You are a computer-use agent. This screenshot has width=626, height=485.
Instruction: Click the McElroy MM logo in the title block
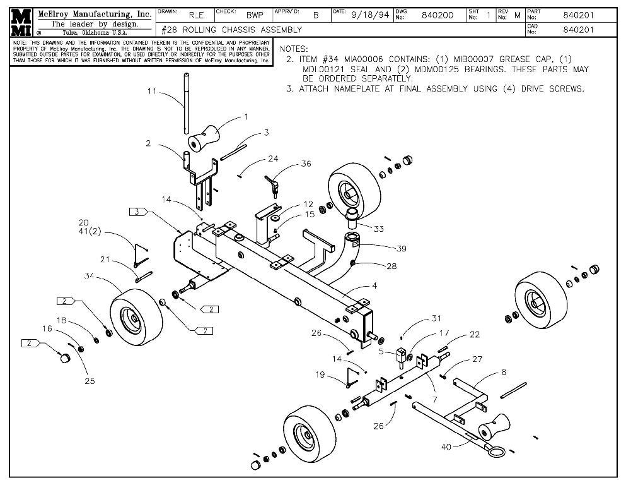click(x=20, y=23)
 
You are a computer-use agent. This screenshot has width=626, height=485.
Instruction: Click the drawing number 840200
click(x=437, y=15)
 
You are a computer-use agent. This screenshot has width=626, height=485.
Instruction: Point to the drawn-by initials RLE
click(x=196, y=15)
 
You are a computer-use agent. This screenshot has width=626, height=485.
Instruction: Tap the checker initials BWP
click(x=255, y=15)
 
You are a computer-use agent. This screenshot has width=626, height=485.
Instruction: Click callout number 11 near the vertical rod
click(x=151, y=92)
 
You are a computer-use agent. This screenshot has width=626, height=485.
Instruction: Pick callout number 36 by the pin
click(x=306, y=164)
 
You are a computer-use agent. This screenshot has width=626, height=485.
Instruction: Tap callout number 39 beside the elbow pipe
click(x=402, y=248)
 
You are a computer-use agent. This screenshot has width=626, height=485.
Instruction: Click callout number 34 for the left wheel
click(x=90, y=275)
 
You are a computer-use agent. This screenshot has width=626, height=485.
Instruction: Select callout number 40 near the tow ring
click(x=446, y=447)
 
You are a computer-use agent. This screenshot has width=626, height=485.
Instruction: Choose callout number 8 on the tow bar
click(x=503, y=373)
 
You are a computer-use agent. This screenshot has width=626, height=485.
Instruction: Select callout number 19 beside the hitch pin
click(x=320, y=374)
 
